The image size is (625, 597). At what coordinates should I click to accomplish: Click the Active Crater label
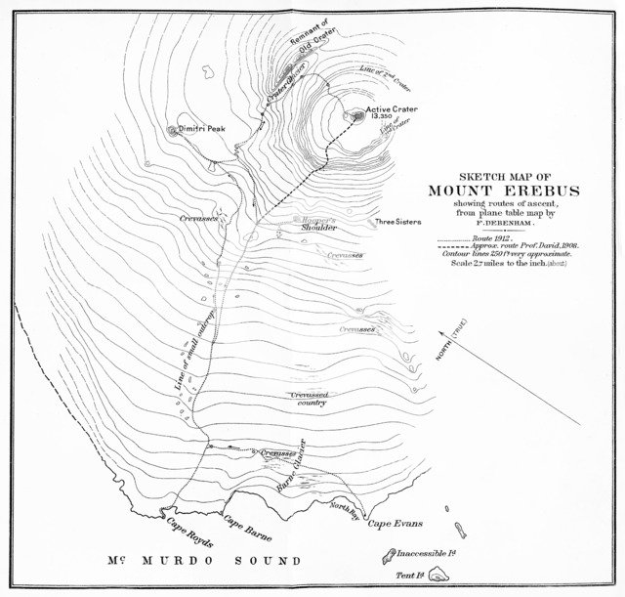click(x=392, y=109)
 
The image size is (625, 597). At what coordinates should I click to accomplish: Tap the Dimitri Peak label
click(x=200, y=128)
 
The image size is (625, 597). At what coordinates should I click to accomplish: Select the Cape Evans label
click(x=387, y=526)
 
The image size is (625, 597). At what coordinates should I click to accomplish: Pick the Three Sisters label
click(x=397, y=222)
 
